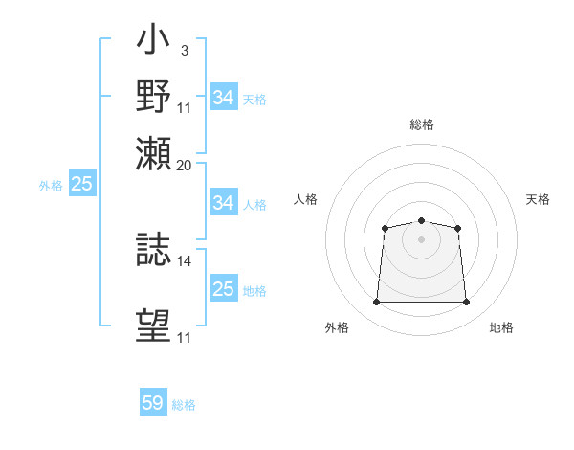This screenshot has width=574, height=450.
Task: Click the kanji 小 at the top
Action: click(x=153, y=38)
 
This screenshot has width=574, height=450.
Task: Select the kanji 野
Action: click(x=153, y=96)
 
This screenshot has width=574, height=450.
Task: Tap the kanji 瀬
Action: click(x=153, y=153)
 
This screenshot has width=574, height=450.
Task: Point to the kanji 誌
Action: click(x=153, y=249)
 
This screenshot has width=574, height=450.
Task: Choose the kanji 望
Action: click(x=153, y=326)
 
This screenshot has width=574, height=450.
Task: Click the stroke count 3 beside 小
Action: click(x=185, y=51)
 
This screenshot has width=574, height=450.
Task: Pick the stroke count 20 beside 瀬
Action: click(x=184, y=166)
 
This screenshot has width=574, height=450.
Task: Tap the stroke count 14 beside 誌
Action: click(x=184, y=261)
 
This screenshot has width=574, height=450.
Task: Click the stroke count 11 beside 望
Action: click(x=184, y=337)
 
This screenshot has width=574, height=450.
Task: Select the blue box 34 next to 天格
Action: click(x=224, y=97)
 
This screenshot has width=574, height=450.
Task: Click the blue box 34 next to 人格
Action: click(x=224, y=202)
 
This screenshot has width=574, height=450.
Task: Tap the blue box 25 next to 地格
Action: click(x=224, y=287)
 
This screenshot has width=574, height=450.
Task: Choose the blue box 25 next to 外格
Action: click(x=82, y=183)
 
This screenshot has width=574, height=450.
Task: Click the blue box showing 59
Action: click(x=153, y=401)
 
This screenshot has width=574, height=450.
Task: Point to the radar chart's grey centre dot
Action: click(x=421, y=239)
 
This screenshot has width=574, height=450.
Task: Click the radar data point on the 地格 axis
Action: click(x=466, y=302)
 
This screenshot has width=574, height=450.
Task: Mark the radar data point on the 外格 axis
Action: click(x=376, y=302)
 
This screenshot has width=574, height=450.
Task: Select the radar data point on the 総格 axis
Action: click(x=421, y=220)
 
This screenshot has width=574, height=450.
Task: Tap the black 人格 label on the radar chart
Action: click(x=305, y=199)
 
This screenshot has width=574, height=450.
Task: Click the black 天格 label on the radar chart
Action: click(x=538, y=199)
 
